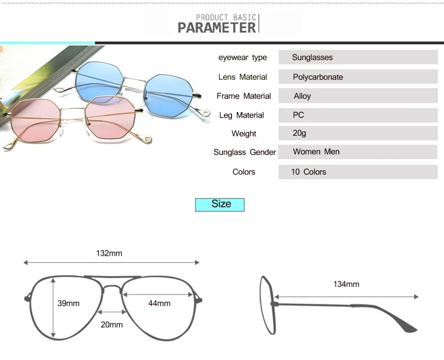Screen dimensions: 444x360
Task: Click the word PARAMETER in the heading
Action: pyautogui.click(x=217, y=27)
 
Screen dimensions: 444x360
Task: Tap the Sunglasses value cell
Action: pyautogui.click(x=312, y=57)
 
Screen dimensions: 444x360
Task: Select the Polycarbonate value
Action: pyautogui.click(x=318, y=77)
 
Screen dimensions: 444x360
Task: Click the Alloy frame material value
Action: pyautogui.click(x=302, y=96)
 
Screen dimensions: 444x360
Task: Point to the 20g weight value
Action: pyautogui.click(x=300, y=133)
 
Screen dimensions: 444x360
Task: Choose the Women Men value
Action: pyautogui.click(x=316, y=151)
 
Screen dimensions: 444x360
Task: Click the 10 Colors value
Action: pyautogui.click(x=309, y=171)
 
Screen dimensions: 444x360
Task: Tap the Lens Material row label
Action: pyautogui.click(x=243, y=77)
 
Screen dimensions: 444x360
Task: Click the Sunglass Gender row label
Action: pyautogui.click(x=245, y=152)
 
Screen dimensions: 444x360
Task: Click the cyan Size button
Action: pyautogui.click(x=220, y=204)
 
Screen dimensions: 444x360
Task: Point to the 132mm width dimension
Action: pyautogui.click(x=109, y=253)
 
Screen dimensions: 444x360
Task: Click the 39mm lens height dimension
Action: pyautogui.click(x=69, y=303)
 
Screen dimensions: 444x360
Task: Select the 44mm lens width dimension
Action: pyautogui.click(x=159, y=303)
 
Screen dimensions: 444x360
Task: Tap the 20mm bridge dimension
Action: pyautogui.click(x=112, y=324)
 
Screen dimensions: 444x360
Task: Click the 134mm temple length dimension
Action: pyautogui.click(x=346, y=284)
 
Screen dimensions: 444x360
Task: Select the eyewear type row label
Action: pyautogui.click(x=243, y=58)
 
